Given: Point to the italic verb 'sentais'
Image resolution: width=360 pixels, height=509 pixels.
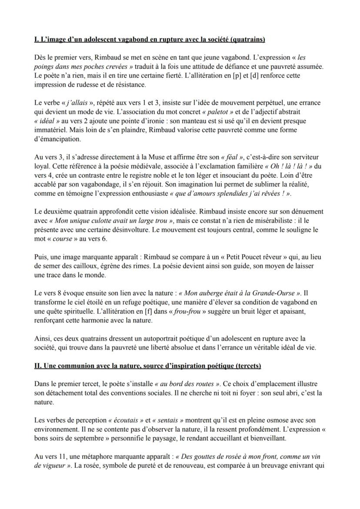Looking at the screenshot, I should click(173, 421).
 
